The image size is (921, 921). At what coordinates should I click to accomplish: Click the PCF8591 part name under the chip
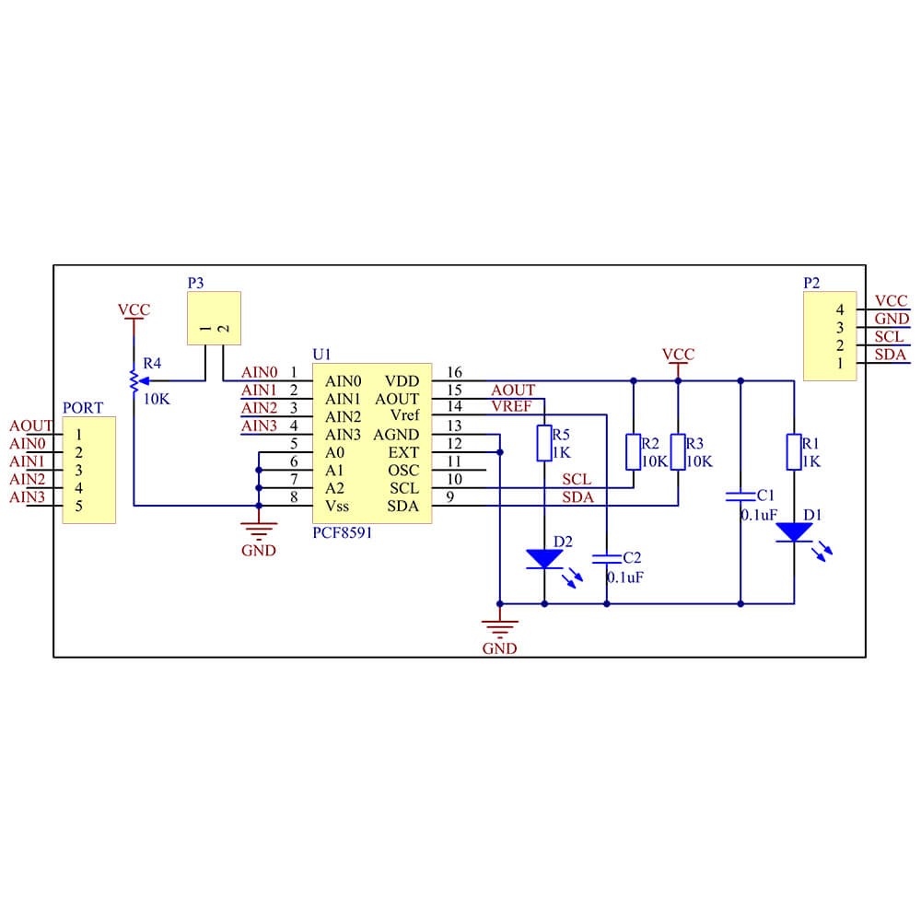[x=343, y=532]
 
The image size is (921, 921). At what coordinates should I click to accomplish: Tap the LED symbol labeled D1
[x=793, y=532]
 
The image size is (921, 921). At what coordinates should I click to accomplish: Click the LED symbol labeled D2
[x=544, y=558]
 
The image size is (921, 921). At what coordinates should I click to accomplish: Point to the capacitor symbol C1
[x=740, y=496]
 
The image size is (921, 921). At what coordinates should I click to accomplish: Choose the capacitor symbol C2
[x=606, y=557]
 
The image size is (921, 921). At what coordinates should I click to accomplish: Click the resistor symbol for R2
[x=634, y=451]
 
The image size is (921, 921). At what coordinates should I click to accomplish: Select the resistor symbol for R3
[x=678, y=451]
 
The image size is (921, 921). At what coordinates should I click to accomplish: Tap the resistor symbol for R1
[x=793, y=451]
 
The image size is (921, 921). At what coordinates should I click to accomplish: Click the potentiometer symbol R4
[x=134, y=379]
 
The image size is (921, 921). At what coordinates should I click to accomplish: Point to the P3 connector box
[x=214, y=318]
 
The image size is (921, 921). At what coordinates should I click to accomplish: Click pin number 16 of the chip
[x=454, y=373]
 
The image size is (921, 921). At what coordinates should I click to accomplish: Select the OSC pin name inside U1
[x=403, y=471]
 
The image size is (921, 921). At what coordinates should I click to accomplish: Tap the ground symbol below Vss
[x=259, y=530]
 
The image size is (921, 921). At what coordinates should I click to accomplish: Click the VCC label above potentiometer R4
[x=134, y=310]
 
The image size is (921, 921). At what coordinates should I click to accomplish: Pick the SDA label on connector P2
[x=890, y=355]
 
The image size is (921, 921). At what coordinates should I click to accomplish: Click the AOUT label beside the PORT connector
[x=31, y=426]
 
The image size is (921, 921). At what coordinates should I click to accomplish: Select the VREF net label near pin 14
[x=511, y=406]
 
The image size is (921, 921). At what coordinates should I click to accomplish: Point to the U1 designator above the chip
[x=321, y=354]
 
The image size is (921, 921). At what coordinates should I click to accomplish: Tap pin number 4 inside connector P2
[x=839, y=309]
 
